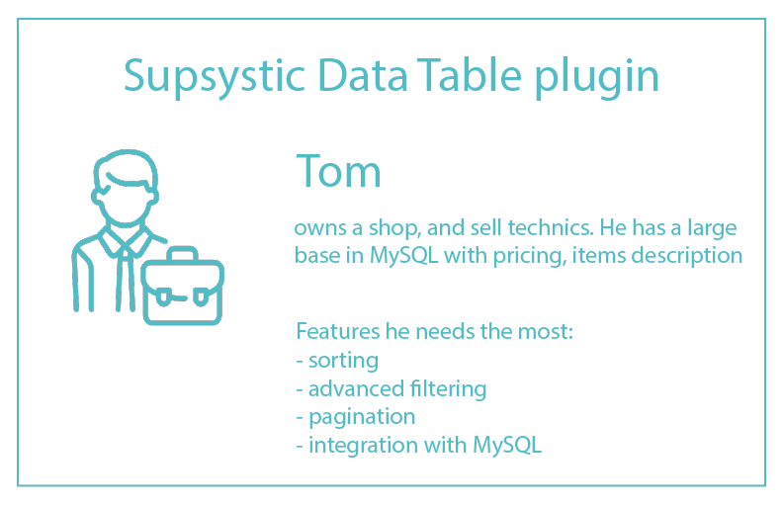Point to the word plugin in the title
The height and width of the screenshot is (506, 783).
click(597, 77)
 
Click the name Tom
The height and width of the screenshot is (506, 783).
click(338, 171)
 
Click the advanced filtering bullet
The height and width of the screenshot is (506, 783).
click(392, 388)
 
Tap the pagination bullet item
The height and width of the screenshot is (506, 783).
click(357, 417)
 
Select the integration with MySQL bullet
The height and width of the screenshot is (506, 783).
click(419, 445)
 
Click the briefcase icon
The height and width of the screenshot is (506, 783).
click(182, 289)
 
